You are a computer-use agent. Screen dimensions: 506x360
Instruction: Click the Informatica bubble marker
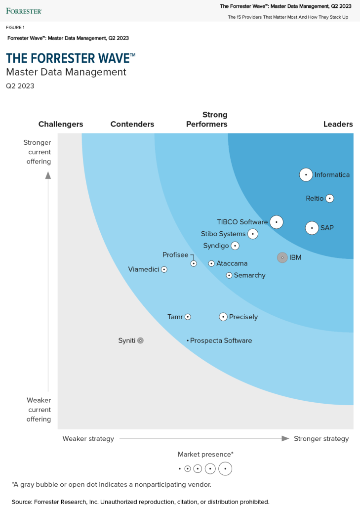coord(306,174)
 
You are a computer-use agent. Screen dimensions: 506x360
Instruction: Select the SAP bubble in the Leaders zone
coord(312,228)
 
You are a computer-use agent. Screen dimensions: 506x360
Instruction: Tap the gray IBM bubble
coord(282,257)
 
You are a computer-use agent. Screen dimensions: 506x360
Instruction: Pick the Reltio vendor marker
coord(330,198)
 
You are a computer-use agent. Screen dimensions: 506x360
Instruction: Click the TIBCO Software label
coord(242,222)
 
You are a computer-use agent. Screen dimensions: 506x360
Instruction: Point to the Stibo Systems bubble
coord(253,234)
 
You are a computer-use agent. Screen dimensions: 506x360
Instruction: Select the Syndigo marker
coord(235,246)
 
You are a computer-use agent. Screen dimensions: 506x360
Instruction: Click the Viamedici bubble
coord(164,269)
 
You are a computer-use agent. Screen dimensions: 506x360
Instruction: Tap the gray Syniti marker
coord(140,340)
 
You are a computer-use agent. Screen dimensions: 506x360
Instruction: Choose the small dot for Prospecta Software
coord(188,340)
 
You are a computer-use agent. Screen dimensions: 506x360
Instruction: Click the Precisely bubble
coord(223,317)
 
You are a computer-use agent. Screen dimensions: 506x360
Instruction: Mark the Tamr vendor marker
coord(188,317)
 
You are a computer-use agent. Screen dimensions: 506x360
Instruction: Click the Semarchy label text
coord(249,275)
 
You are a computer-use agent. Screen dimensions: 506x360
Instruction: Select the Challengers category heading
coord(61,124)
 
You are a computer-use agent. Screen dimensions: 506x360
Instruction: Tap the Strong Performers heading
coord(206,119)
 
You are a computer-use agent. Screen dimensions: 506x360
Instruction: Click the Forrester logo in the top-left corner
coord(24,10)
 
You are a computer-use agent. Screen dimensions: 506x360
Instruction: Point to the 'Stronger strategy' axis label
coord(321,438)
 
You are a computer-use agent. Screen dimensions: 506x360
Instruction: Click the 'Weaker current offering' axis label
coord(39,409)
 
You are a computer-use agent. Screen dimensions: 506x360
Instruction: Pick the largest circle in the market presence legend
coord(225,468)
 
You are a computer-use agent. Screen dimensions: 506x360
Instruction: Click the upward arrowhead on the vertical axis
coord(48,175)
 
